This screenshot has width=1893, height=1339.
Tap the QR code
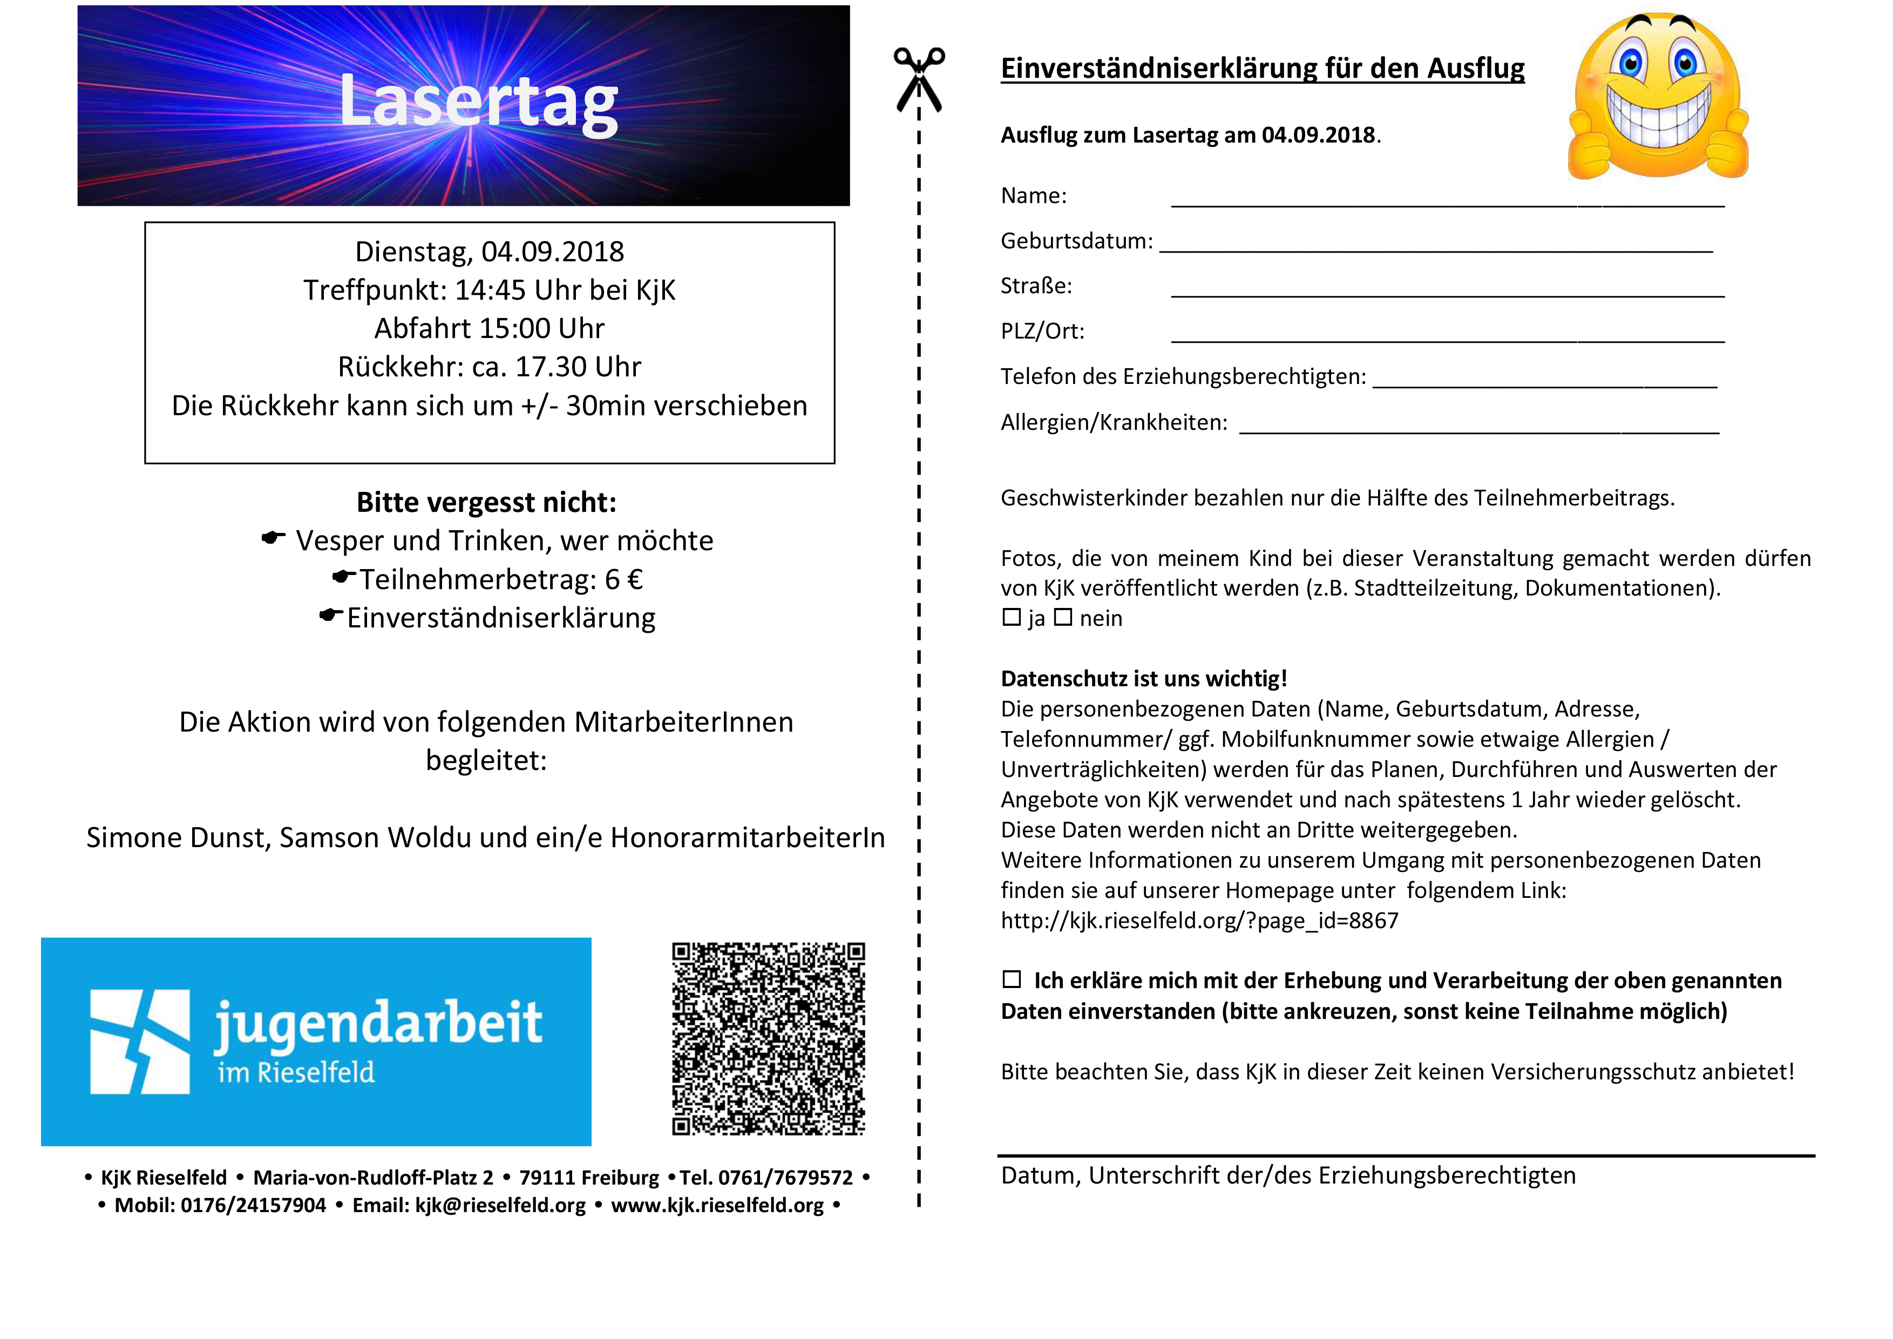[769, 1038]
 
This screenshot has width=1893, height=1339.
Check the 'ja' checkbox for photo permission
[1011, 618]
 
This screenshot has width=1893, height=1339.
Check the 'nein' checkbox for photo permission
[1063, 618]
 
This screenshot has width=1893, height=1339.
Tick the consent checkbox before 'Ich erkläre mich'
[1011, 979]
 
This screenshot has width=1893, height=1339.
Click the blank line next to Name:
[1447, 203]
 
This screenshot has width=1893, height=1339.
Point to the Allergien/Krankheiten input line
[1479, 430]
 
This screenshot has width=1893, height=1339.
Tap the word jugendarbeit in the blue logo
[378, 1023]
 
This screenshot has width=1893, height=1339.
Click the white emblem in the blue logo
[139, 1042]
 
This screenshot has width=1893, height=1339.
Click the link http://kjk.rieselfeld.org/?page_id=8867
[1199, 920]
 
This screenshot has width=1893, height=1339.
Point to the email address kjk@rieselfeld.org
[500, 1206]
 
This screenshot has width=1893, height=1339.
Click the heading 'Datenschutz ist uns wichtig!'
[1144, 679]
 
